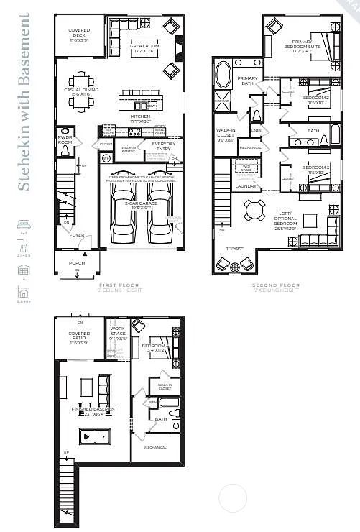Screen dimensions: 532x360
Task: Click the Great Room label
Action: click(x=144, y=49)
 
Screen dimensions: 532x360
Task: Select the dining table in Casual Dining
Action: click(x=80, y=101)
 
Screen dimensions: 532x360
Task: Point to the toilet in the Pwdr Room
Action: click(x=66, y=152)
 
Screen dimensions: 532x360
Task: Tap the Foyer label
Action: click(x=77, y=234)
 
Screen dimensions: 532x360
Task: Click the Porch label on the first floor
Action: click(x=77, y=263)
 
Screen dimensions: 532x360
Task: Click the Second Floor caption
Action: click(x=275, y=285)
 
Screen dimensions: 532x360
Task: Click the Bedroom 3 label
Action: click(x=315, y=171)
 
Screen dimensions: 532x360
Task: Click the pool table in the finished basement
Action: click(x=93, y=436)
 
